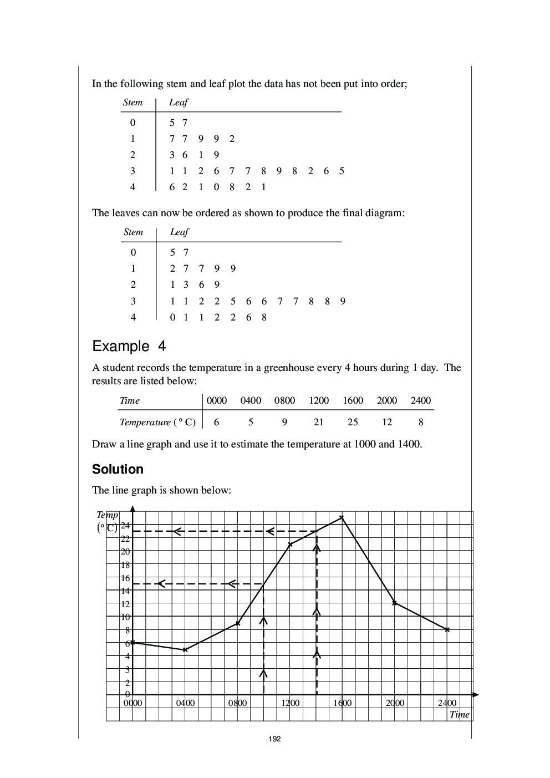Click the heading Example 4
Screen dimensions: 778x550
129,347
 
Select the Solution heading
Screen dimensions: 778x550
118,469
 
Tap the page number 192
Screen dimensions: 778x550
274,739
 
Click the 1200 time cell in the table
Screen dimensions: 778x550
319,400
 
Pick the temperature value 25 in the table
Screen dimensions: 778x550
353,422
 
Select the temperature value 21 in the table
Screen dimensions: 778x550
318,422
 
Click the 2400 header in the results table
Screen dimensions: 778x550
420,400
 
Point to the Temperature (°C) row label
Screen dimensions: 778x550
157,422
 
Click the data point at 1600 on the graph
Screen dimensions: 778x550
342,517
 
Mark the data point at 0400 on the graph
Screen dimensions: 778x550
185,650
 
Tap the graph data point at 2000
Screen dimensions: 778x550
394,603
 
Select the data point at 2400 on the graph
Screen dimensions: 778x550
447,629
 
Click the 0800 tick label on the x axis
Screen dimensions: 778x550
237,703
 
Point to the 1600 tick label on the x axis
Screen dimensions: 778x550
342,703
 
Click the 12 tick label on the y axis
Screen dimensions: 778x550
125,604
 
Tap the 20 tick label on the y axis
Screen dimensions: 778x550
125,552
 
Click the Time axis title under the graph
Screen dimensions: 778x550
459,714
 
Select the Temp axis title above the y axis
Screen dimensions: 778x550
108,515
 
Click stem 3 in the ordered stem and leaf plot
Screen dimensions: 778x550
133,301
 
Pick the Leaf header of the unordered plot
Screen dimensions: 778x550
178,102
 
